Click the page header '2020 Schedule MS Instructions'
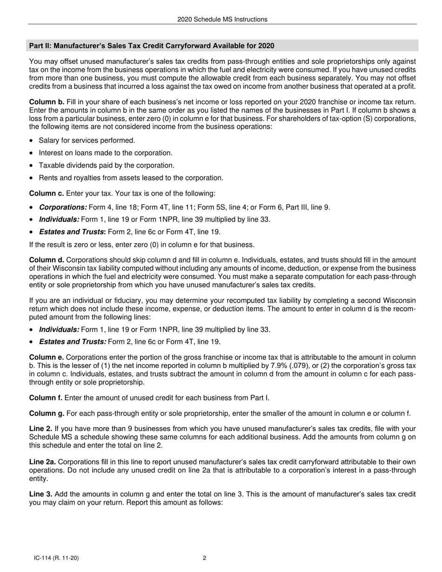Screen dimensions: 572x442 click(x=222, y=19)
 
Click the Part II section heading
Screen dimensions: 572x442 click(x=152, y=46)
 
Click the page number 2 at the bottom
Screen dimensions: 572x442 click(x=204, y=558)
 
